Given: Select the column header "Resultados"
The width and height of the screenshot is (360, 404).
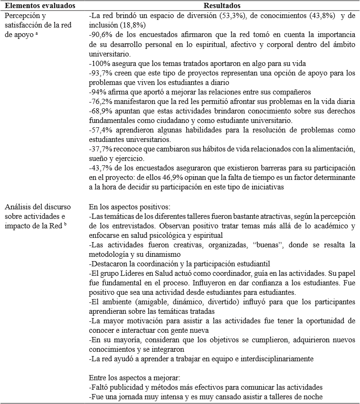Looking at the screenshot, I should [x=222, y=6].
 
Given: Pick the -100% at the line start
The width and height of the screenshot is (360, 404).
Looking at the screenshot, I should [x=98, y=63].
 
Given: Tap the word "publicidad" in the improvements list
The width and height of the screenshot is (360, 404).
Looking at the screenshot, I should [x=123, y=387].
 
